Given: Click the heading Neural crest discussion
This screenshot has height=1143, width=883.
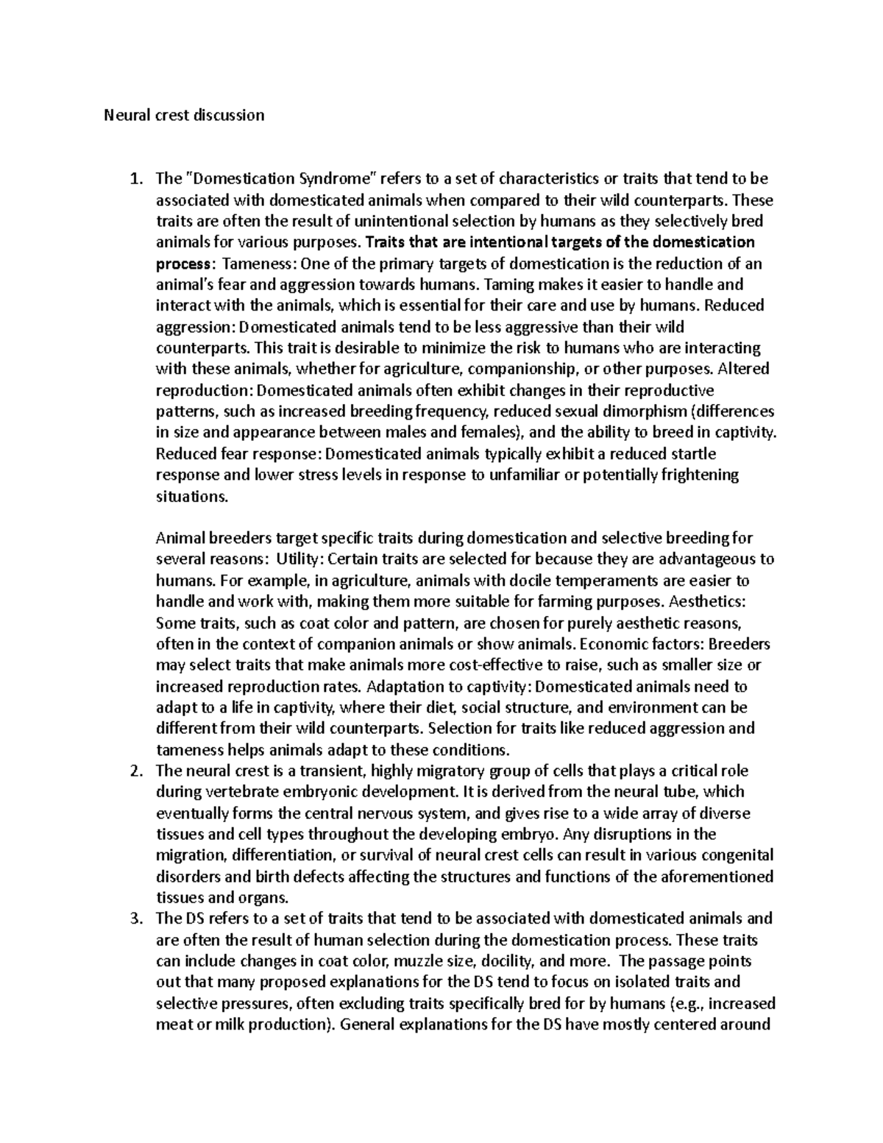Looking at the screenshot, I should [183, 115].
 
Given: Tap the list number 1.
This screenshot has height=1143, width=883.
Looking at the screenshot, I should [133, 179].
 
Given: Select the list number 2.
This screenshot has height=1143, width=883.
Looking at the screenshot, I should [133, 771].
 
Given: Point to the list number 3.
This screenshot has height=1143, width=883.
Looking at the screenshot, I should [133, 919].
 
